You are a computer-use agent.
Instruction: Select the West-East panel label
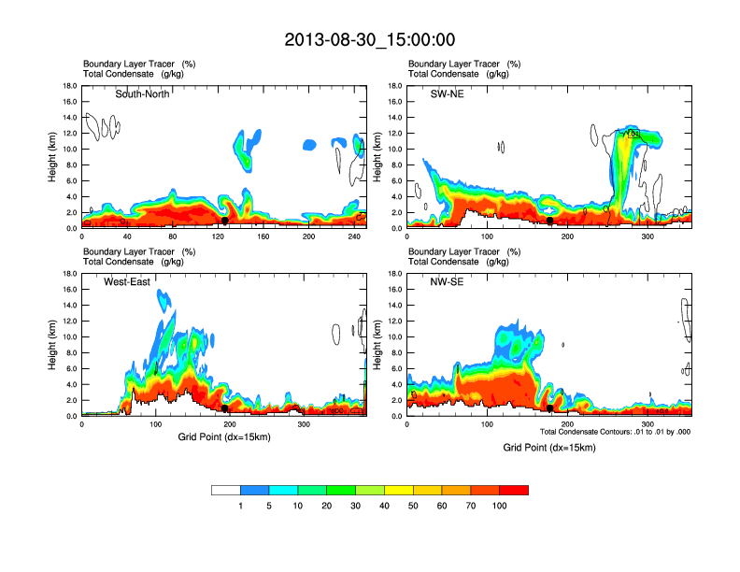(129, 281)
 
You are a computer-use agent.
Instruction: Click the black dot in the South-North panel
(224, 222)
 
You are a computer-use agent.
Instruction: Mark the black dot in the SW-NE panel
(550, 222)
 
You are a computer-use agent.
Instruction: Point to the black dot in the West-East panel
(225, 408)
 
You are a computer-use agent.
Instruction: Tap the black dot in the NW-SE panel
(550, 408)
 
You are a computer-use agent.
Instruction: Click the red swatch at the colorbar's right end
(514, 490)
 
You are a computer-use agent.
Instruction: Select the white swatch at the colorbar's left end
(226, 490)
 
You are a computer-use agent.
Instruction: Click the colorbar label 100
(500, 506)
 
